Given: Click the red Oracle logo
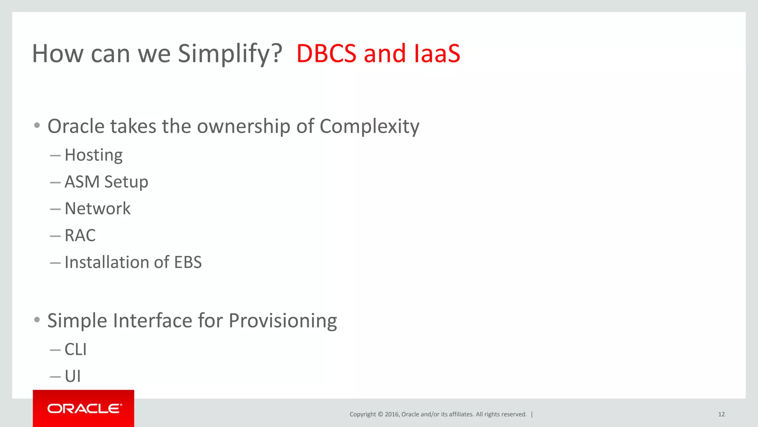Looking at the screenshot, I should click(84, 408).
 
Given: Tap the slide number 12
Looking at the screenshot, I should click(721, 414).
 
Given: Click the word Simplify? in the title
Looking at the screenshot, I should click(230, 54).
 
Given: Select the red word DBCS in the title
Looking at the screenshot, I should click(326, 53).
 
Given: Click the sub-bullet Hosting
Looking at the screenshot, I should click(93, 155).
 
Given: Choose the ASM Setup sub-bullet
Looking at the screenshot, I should click(106, 182).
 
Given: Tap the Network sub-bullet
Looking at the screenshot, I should click(97, 209).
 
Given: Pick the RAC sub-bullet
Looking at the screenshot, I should click(80, 235).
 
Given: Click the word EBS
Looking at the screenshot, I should click(188, 262).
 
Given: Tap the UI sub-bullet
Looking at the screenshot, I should click(73, 376).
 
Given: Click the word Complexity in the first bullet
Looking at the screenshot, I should click(369, 127).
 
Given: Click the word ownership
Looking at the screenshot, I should click(244, 127).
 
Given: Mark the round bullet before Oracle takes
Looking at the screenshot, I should click(37, 126).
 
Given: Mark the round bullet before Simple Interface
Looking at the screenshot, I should click(37, 320).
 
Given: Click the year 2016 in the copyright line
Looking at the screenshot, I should click(392, 414).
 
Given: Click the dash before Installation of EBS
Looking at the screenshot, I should click(55, 263).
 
